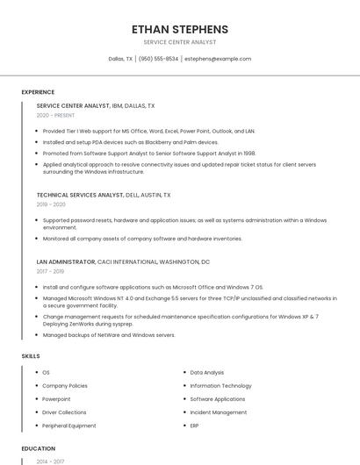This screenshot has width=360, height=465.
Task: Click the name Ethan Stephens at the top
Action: point(180,29)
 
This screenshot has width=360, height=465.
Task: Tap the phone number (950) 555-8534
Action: point(158,59)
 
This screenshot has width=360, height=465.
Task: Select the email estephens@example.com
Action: point(218,59)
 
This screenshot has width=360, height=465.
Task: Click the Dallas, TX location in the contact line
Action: point(120,59)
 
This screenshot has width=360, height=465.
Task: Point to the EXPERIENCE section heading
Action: point(38,92)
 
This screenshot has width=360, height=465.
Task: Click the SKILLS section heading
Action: point(31,356)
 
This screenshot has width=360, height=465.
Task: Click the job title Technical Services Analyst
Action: point(80,195)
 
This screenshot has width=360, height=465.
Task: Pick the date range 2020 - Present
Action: point(55,115)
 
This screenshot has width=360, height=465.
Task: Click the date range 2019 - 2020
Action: point(52,204)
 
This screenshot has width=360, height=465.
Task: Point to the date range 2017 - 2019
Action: point(52,271)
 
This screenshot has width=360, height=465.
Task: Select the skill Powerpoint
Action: point(57,399)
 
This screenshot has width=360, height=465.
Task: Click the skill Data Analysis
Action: point(207,373)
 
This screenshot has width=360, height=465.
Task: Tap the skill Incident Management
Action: point(219,412)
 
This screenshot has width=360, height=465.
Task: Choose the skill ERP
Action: point(195,426)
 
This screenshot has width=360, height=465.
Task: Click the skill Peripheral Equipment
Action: point(69,426)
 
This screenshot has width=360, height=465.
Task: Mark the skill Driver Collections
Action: point(65,412)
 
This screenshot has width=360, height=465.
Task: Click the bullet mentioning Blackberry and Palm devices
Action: point(130,142)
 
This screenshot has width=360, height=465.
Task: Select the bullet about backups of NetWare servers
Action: point(109,335)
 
